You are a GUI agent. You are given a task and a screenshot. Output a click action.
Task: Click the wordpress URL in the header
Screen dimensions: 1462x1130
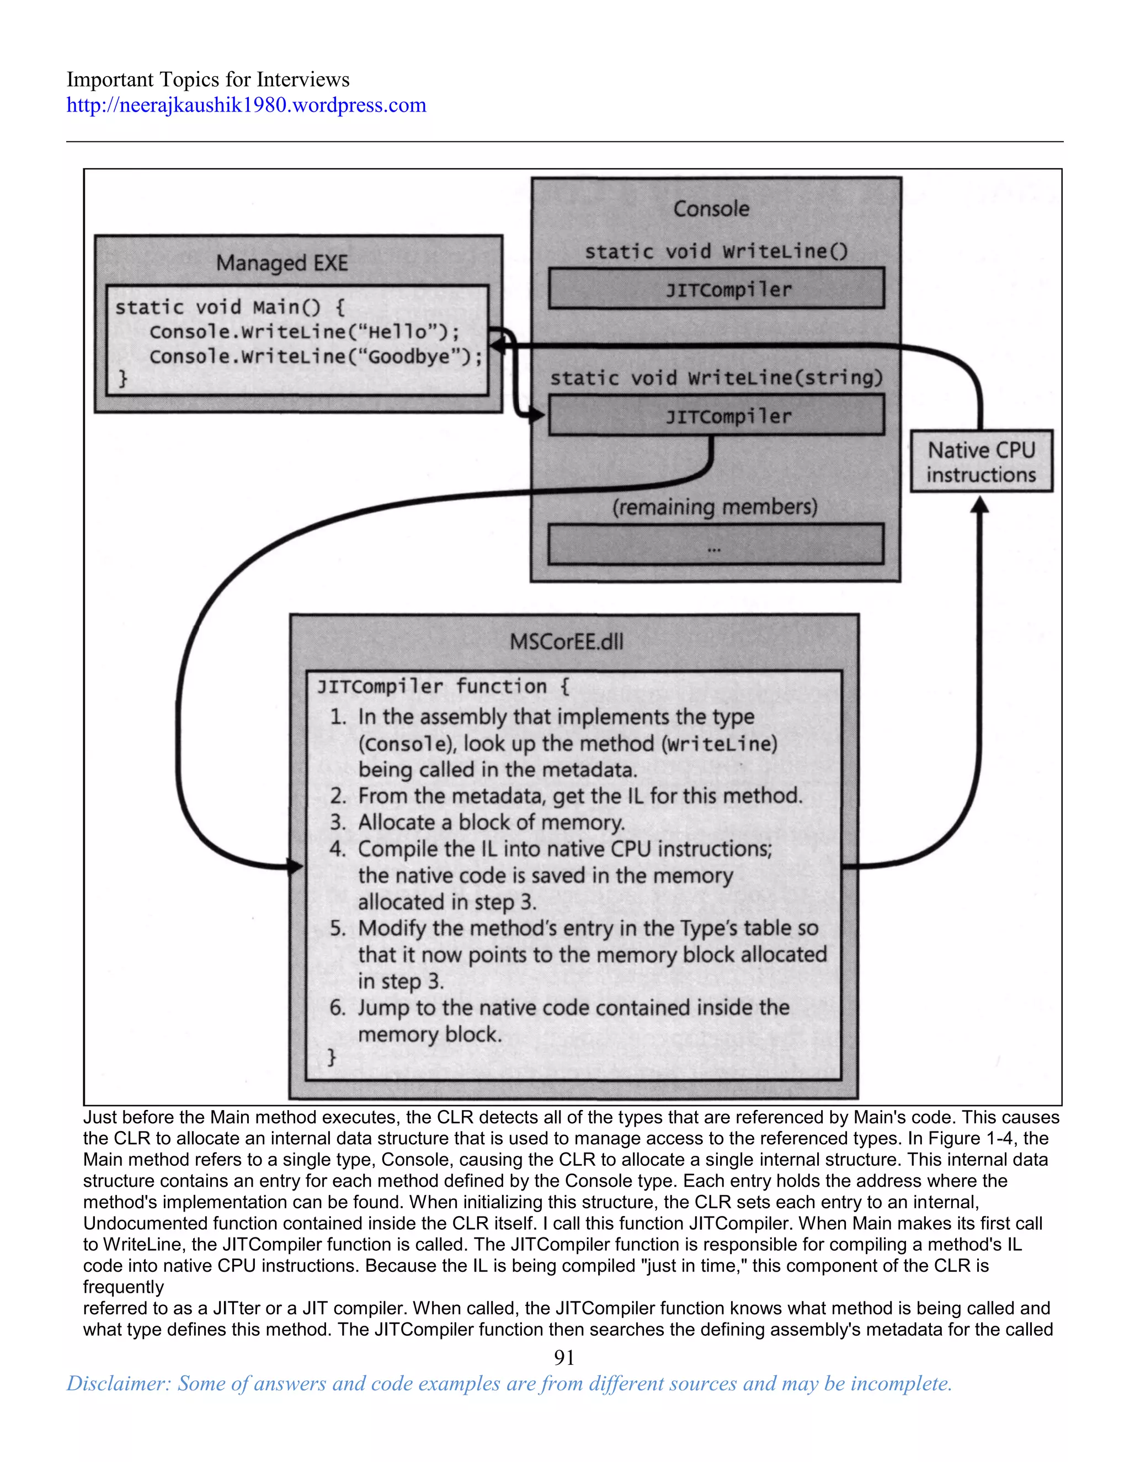(246, 105)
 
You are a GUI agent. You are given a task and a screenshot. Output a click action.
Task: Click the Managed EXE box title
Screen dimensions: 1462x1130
(282, 263)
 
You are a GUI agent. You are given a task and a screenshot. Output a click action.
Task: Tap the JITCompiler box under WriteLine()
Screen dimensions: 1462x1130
(716, 289)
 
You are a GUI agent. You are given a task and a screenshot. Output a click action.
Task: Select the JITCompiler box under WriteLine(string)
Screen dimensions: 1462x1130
(716, 416)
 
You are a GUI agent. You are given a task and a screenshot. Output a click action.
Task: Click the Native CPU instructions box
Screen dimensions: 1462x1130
(982, 462)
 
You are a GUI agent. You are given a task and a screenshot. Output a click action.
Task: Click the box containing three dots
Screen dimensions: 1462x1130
(715, 544)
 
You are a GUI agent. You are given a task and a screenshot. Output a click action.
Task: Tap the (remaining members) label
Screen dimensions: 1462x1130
(715, 507)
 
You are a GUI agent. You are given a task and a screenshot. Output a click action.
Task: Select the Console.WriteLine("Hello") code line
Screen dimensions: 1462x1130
(305, 332)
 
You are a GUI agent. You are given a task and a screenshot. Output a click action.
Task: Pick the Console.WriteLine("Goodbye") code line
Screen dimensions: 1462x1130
(315, 356)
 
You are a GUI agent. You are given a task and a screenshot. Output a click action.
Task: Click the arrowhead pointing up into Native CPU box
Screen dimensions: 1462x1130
(980, 505)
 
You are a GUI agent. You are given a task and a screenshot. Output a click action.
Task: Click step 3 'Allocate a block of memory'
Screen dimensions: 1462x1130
(491, 822)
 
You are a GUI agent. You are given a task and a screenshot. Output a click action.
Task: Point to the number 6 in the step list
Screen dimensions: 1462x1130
(337, 1007)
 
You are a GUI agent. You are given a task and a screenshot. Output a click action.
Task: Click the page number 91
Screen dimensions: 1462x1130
(564, 1358)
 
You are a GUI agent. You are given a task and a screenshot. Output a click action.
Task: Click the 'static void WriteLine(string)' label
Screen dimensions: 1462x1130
(716, 378)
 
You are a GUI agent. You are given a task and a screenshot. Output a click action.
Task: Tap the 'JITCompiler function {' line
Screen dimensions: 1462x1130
(443, 687)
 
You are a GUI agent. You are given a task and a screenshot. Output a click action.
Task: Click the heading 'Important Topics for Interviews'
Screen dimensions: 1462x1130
(207, 79)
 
